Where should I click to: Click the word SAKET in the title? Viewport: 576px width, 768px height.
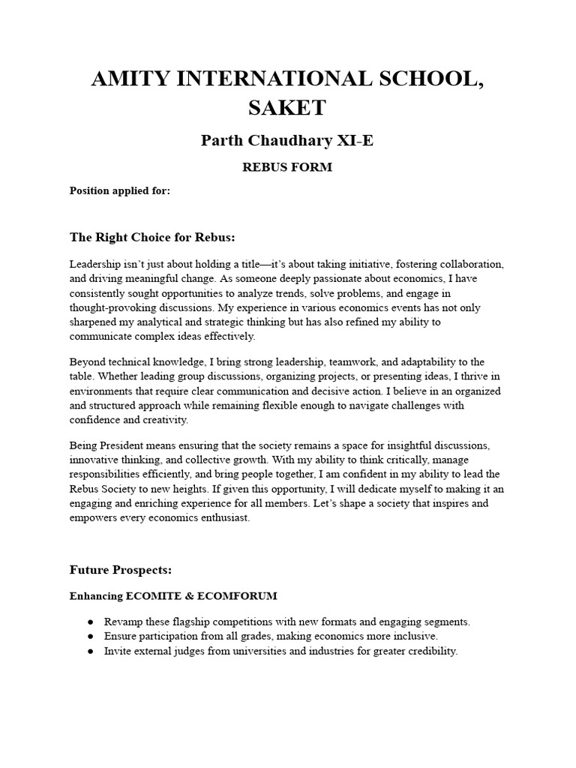pos(287,107)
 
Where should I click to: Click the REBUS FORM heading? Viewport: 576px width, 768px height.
pos(287,167)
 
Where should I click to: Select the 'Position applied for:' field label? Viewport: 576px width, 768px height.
pos(120,190)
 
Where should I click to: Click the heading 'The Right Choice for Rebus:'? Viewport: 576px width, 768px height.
pos(152,237)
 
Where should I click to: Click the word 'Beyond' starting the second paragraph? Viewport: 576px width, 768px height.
pos(87,362)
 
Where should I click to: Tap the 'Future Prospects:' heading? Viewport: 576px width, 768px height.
pos(121,570)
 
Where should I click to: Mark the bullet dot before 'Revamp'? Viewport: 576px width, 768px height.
pos(91,622)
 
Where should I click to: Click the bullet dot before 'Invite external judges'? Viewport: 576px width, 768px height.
pos(91,652)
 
